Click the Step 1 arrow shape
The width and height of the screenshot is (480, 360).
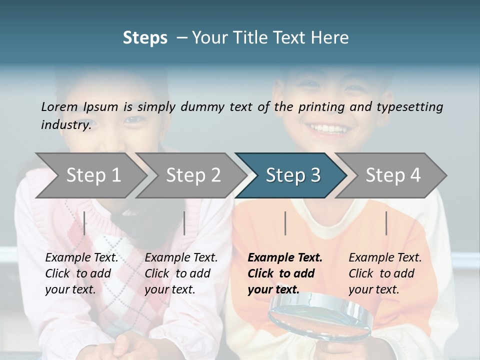(x=93, y=175)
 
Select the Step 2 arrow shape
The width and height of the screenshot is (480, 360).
(x=193, y=175)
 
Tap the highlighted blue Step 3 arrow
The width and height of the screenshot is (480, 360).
(x=292, y=175)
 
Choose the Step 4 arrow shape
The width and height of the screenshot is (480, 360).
(x=392, y=175)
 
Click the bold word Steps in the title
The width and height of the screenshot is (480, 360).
(x=145, y=38)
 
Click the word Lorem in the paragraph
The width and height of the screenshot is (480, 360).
(x=59, y=106)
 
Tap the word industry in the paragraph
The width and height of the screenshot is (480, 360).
(x=65, y=124)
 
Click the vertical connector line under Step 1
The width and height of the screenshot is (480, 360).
(x=84, y=223)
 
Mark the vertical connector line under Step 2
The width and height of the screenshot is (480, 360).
(x=184, y=223)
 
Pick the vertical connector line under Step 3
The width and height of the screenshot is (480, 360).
(x=285, y=223)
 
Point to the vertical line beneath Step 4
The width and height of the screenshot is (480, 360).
(x=386, y=223)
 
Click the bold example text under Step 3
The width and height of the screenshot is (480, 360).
(x=284, y=273)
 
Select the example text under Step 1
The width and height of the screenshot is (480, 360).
(x=81, y=273)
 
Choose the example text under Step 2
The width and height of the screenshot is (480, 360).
(x=181, y=273)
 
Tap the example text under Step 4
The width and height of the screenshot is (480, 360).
(x=385, y=273)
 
